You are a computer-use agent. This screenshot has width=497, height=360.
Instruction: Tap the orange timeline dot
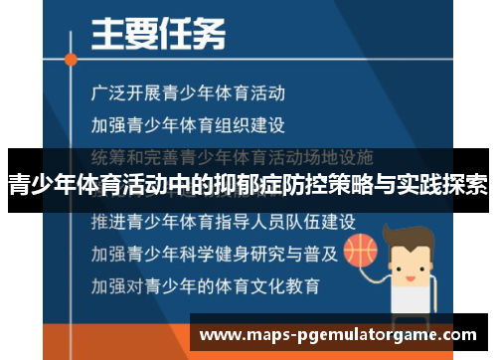[72, 59]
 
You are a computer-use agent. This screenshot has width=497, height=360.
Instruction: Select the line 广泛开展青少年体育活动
[188, 94]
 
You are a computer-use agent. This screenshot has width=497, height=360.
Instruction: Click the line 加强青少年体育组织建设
[188, 126]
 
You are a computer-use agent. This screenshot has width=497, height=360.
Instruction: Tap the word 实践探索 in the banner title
[444, 186]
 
